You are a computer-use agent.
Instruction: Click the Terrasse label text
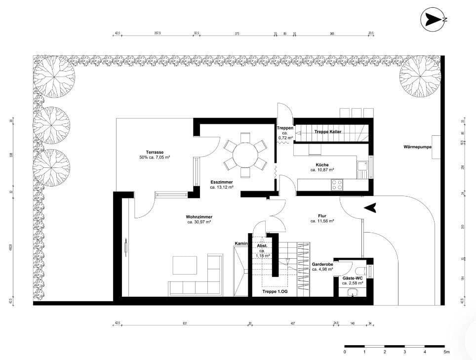[155, 152]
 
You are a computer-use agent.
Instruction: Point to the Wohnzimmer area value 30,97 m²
[199, 222]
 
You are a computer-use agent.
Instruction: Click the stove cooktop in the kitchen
[337, 185]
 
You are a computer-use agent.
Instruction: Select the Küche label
[322, 164]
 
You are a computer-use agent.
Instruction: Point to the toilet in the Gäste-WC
[363, 270]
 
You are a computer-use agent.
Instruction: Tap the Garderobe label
[322, 264]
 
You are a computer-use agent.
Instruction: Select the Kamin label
[240, 243]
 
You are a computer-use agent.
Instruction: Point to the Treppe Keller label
[328, 132]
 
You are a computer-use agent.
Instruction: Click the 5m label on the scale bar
[446, 352]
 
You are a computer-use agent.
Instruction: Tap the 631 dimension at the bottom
[185, 324]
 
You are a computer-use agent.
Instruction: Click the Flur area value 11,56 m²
[322, 221]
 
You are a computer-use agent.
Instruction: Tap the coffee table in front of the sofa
[185, 265]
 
